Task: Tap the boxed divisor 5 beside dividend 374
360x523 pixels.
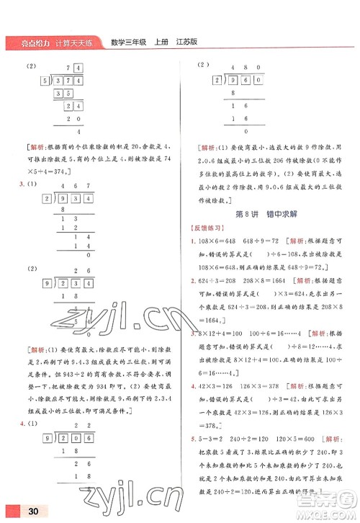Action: click(x=45, y=81)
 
